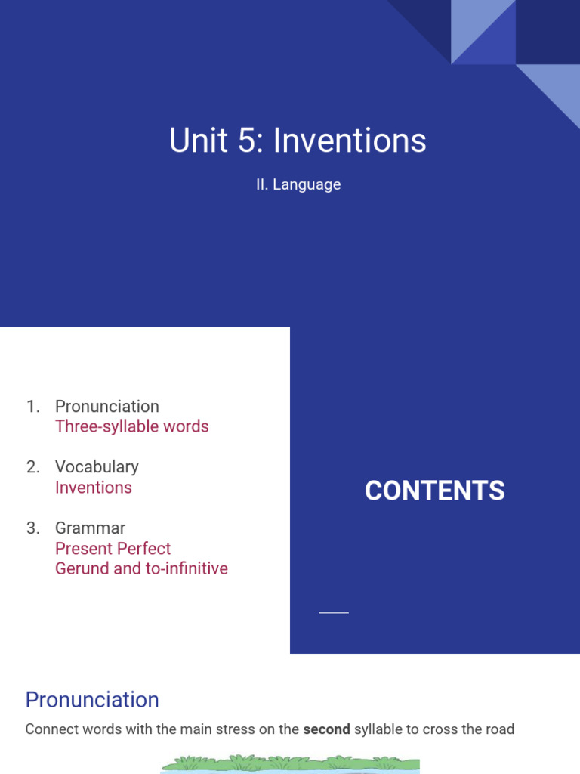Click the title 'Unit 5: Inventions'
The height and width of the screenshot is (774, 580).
click(298, 141)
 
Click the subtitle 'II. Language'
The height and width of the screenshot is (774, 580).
click(298, 184)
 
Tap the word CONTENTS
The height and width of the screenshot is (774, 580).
click(434, 491)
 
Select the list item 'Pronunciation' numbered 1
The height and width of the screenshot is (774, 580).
click(106, 406)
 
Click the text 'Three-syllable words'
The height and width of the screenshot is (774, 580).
click(131, 426)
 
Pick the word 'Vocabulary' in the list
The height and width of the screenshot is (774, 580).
click(97, 467)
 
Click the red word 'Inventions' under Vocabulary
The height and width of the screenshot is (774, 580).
click(94, 488)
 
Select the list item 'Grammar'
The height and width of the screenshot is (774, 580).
click(90, 528)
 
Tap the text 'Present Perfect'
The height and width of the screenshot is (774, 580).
click(113, 548)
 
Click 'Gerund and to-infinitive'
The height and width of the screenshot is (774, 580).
click(141, 568)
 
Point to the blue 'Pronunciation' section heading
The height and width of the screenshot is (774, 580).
click(92, 700)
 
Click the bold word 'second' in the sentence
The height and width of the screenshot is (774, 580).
click(326, 729)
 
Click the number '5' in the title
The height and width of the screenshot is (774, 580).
click(255, 141)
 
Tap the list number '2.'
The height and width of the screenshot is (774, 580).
click(32, 467)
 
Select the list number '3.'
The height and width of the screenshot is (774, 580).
click(32, 528)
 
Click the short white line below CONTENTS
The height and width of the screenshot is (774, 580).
click(334, 612)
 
